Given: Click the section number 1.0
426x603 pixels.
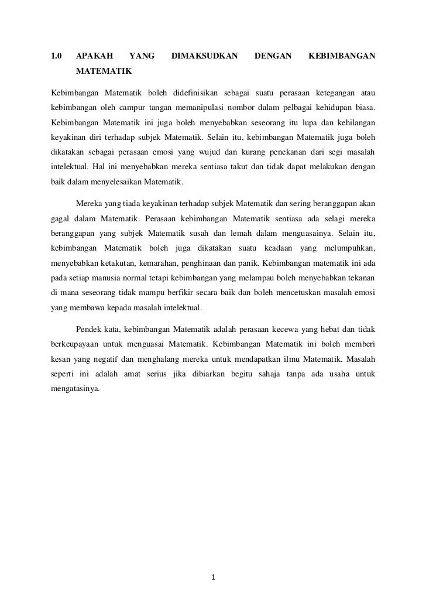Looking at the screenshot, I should pyautogui.click(x=56, y=56).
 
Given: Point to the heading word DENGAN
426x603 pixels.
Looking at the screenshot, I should pyautogui.click(x=273, y=56).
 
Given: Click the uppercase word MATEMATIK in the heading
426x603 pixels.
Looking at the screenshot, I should pyautogui.click(x=104, y=74).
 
